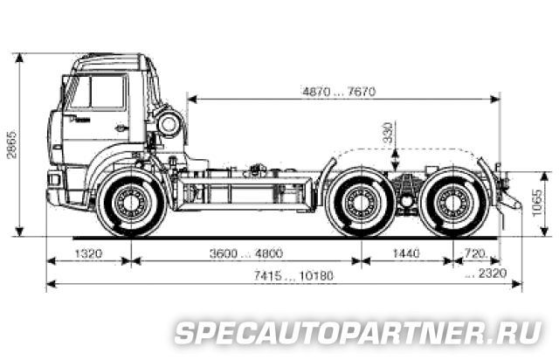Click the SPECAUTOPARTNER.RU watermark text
click(359, 333)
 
